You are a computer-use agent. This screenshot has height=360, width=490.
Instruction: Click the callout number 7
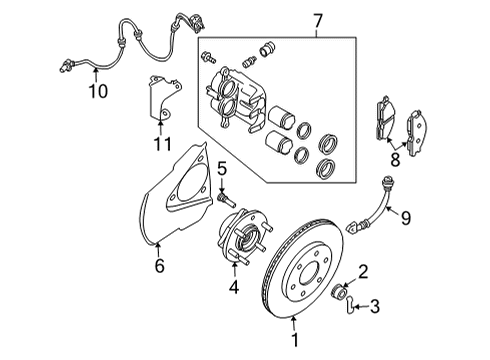pyautogui.click(x=318, y=21)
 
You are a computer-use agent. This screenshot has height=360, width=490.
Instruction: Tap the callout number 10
pyautogui.click(x=98, y=91)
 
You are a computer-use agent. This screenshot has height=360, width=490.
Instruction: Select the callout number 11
pyautogui.click(x=162, y=144)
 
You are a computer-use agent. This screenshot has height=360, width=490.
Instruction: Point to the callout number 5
pyautogui.click(x=222, y=169)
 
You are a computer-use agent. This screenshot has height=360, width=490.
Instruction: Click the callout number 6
pyautogui.click(x=160, y=266)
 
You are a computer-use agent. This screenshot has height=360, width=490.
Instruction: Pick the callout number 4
pyautogui.click(x=234, y=287)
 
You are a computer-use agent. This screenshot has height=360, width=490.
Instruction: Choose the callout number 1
pyautogui.click(x=295, y=340)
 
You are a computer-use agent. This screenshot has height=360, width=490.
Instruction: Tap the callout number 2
pyautogui.click(x=363, y=271)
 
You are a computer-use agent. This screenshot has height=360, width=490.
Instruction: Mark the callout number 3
pyautogui.click(x=375, y=306)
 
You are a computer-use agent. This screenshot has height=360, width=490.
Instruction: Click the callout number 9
pyautogui.click(x=406, y=218)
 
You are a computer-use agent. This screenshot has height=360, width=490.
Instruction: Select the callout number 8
pyautogui.click(x=395, y=159)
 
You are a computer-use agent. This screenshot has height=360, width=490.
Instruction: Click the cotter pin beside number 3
pyautogui.click(x=349, y=305)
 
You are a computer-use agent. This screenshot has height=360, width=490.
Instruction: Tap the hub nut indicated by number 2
pyautogui.click(x=338, y=292)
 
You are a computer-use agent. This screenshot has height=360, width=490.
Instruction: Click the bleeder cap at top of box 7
pyautogui.click(x=267, y=49)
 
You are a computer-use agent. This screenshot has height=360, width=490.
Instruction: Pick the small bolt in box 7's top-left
pyautogui.click(x=209, y=57)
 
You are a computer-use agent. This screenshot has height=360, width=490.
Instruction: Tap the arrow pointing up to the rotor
pyautogui.click(x=294, y=324)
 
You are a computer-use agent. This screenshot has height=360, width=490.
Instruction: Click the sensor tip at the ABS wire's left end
pyautogui.click(x=65, y=65)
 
